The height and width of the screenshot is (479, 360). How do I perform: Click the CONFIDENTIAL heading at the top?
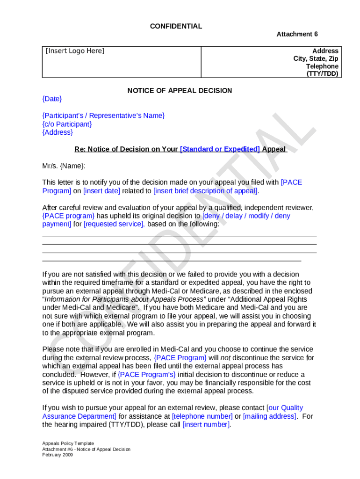[x=176, y=26]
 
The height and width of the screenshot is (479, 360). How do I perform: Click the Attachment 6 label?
[x=297, y=34]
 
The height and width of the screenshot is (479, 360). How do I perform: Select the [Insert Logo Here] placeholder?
[x=75, y=51]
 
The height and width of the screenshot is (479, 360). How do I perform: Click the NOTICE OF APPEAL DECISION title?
[x=180, y=91]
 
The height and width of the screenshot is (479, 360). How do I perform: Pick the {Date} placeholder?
[x=52, y=99]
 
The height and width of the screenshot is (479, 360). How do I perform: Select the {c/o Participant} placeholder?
[x=67, y=124]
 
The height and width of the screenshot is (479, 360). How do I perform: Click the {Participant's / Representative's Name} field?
[x=103, y=116]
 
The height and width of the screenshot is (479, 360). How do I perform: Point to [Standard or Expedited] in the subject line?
[x=220, y=149]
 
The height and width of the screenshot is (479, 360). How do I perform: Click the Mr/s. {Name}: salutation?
[x=64, y=166]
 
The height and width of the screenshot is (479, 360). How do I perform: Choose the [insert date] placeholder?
[x=101, y=191]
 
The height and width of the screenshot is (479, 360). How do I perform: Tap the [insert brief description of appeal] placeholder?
[x=206, y=191]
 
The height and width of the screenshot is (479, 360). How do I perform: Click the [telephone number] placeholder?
[x=202, y=416]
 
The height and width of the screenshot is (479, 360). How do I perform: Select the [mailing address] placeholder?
[x=270, y=416]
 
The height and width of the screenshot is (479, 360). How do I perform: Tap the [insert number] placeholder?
[x=206, y=425]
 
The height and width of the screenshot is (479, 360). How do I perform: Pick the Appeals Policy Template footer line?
[x=68, y=443]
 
